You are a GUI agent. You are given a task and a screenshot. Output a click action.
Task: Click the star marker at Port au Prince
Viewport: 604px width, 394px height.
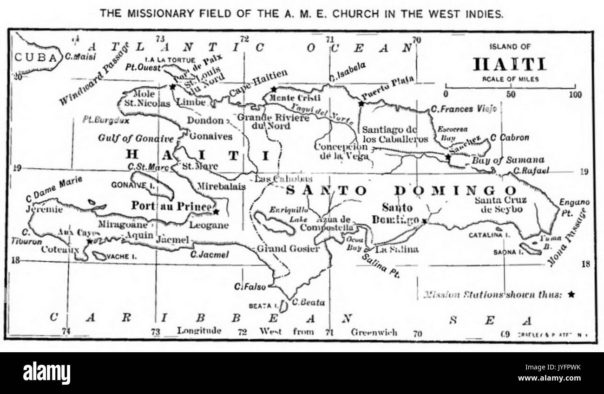pos(216,212)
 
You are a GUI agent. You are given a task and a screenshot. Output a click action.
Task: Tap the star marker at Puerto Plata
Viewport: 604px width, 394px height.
pos(361,103)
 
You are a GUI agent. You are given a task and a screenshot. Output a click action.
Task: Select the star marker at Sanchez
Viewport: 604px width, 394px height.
pos(448,157)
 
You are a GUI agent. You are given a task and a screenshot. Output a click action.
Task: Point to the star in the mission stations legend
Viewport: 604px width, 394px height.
pos(571,294)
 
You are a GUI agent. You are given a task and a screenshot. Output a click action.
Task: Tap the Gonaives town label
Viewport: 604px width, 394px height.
pos(210,137)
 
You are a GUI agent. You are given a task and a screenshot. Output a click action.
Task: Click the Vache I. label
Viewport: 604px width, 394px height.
pos(120,256)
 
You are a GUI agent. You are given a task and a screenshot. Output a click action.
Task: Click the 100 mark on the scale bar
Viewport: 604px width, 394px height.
pos(575,95)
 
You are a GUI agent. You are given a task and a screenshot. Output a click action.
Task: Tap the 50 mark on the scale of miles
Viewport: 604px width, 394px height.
pos(511,95)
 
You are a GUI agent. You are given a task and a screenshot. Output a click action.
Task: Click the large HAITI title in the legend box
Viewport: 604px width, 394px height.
pos(509,64)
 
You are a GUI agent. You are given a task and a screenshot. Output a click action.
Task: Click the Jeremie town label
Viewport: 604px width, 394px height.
pos(44,209)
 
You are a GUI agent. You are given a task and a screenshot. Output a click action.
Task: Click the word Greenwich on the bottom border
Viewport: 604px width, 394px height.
pos(374,332)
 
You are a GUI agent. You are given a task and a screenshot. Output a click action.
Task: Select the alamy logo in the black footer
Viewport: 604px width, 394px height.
pos(46,373)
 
